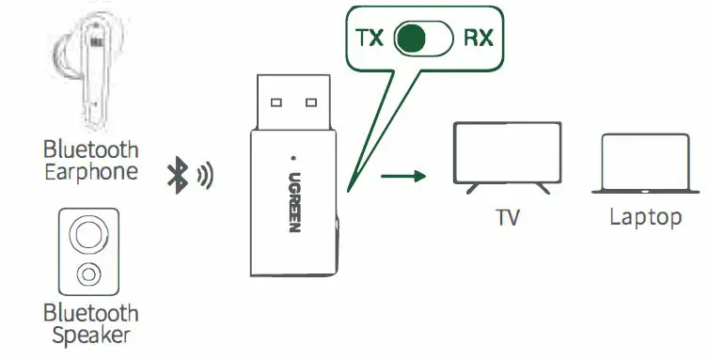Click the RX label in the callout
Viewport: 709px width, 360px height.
click(476, 39)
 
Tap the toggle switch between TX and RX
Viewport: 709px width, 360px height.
click(423, 39)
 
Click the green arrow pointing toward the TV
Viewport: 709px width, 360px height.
click(405, 175)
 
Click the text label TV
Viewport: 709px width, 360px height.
click(508, 218)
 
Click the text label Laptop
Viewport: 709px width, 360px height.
click(645, 218)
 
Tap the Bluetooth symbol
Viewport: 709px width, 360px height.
click(176, 174)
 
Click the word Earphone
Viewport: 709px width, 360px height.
click(90, 171)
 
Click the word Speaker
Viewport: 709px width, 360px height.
click(89, 336)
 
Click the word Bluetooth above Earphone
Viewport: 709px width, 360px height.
click(90, 149)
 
